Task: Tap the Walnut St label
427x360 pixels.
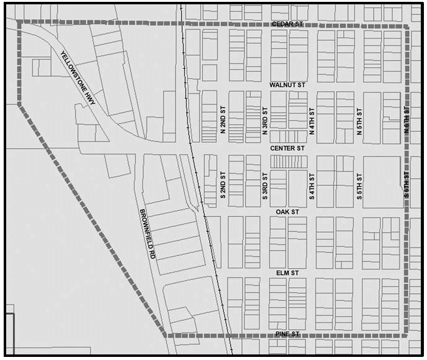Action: tap(287, 84)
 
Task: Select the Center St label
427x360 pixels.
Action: tap(287, 148)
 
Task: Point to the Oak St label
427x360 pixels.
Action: tap(287, 212)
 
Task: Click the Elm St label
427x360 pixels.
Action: tap(287, 272)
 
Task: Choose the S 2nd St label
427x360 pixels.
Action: tap(222, 184)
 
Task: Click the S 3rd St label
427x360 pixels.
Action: tap(264, 184)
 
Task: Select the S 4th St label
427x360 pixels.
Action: tap(312, 184)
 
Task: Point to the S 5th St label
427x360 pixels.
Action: tap(358, 184)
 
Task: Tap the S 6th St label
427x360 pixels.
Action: tap(407, 184)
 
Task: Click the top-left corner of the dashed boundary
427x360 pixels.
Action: tap(19, 23)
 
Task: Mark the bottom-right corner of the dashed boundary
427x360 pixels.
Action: tap(406, 335)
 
